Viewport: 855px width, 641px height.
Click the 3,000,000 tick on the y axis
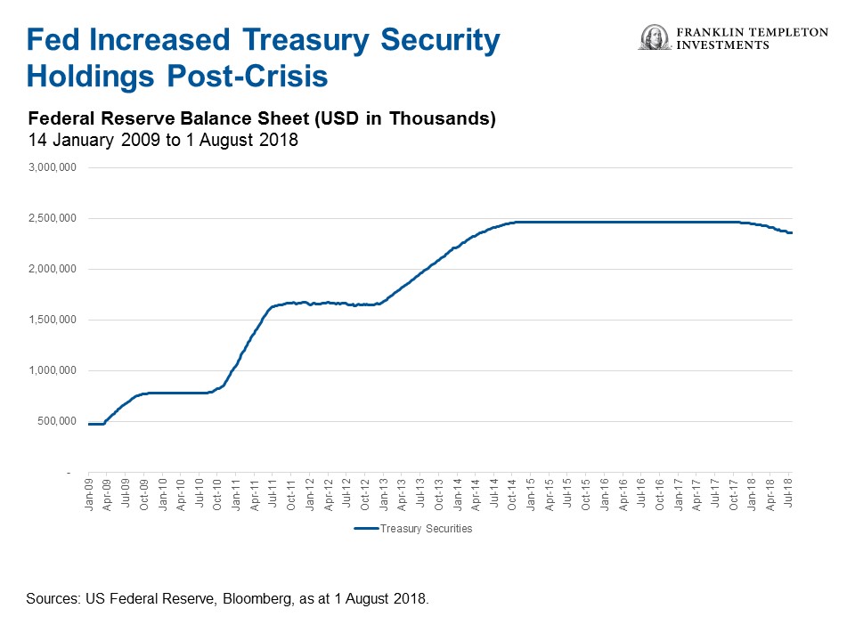coord(53,167)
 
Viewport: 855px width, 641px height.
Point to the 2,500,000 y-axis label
coord(53,218)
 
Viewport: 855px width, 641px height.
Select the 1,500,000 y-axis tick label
coord(53,320)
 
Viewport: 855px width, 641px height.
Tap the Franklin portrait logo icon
coord(655,37)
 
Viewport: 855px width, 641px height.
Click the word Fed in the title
coord(54,40)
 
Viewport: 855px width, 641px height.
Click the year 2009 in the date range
coord(121,140)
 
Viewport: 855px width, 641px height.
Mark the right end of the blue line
coord(791,233)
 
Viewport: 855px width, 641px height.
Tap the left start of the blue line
coord(89,424)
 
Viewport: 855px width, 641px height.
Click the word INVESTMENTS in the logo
coord(723,45)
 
